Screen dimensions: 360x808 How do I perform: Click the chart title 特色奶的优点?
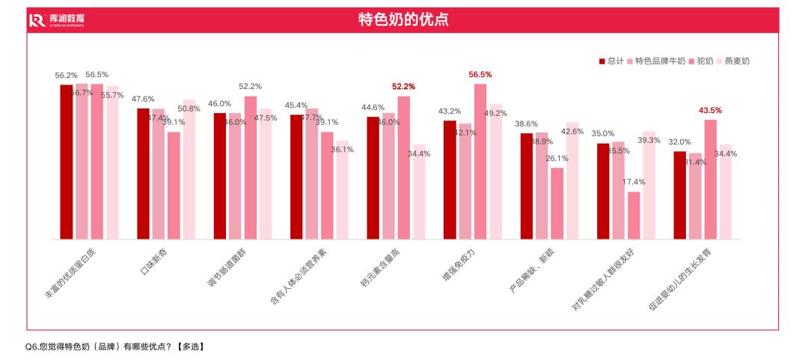point(404,19)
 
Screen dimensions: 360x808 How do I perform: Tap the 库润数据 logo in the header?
point(57,19)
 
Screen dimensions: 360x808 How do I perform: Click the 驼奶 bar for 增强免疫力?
point(480,161)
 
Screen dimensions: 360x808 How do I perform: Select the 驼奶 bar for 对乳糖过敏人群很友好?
point(634,216)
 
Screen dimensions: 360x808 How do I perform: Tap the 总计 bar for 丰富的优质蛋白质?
point(67,162)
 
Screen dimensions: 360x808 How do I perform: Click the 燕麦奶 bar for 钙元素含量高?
point(419,192)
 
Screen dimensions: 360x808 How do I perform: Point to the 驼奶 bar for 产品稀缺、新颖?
point(557,203)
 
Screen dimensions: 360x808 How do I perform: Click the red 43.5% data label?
point(710,111)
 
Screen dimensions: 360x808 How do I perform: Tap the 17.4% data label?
point(633,182)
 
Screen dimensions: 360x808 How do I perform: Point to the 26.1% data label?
point(557,158)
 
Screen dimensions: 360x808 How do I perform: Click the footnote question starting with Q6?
point(114,347)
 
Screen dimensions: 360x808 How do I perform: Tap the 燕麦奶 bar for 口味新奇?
point(189,169)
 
